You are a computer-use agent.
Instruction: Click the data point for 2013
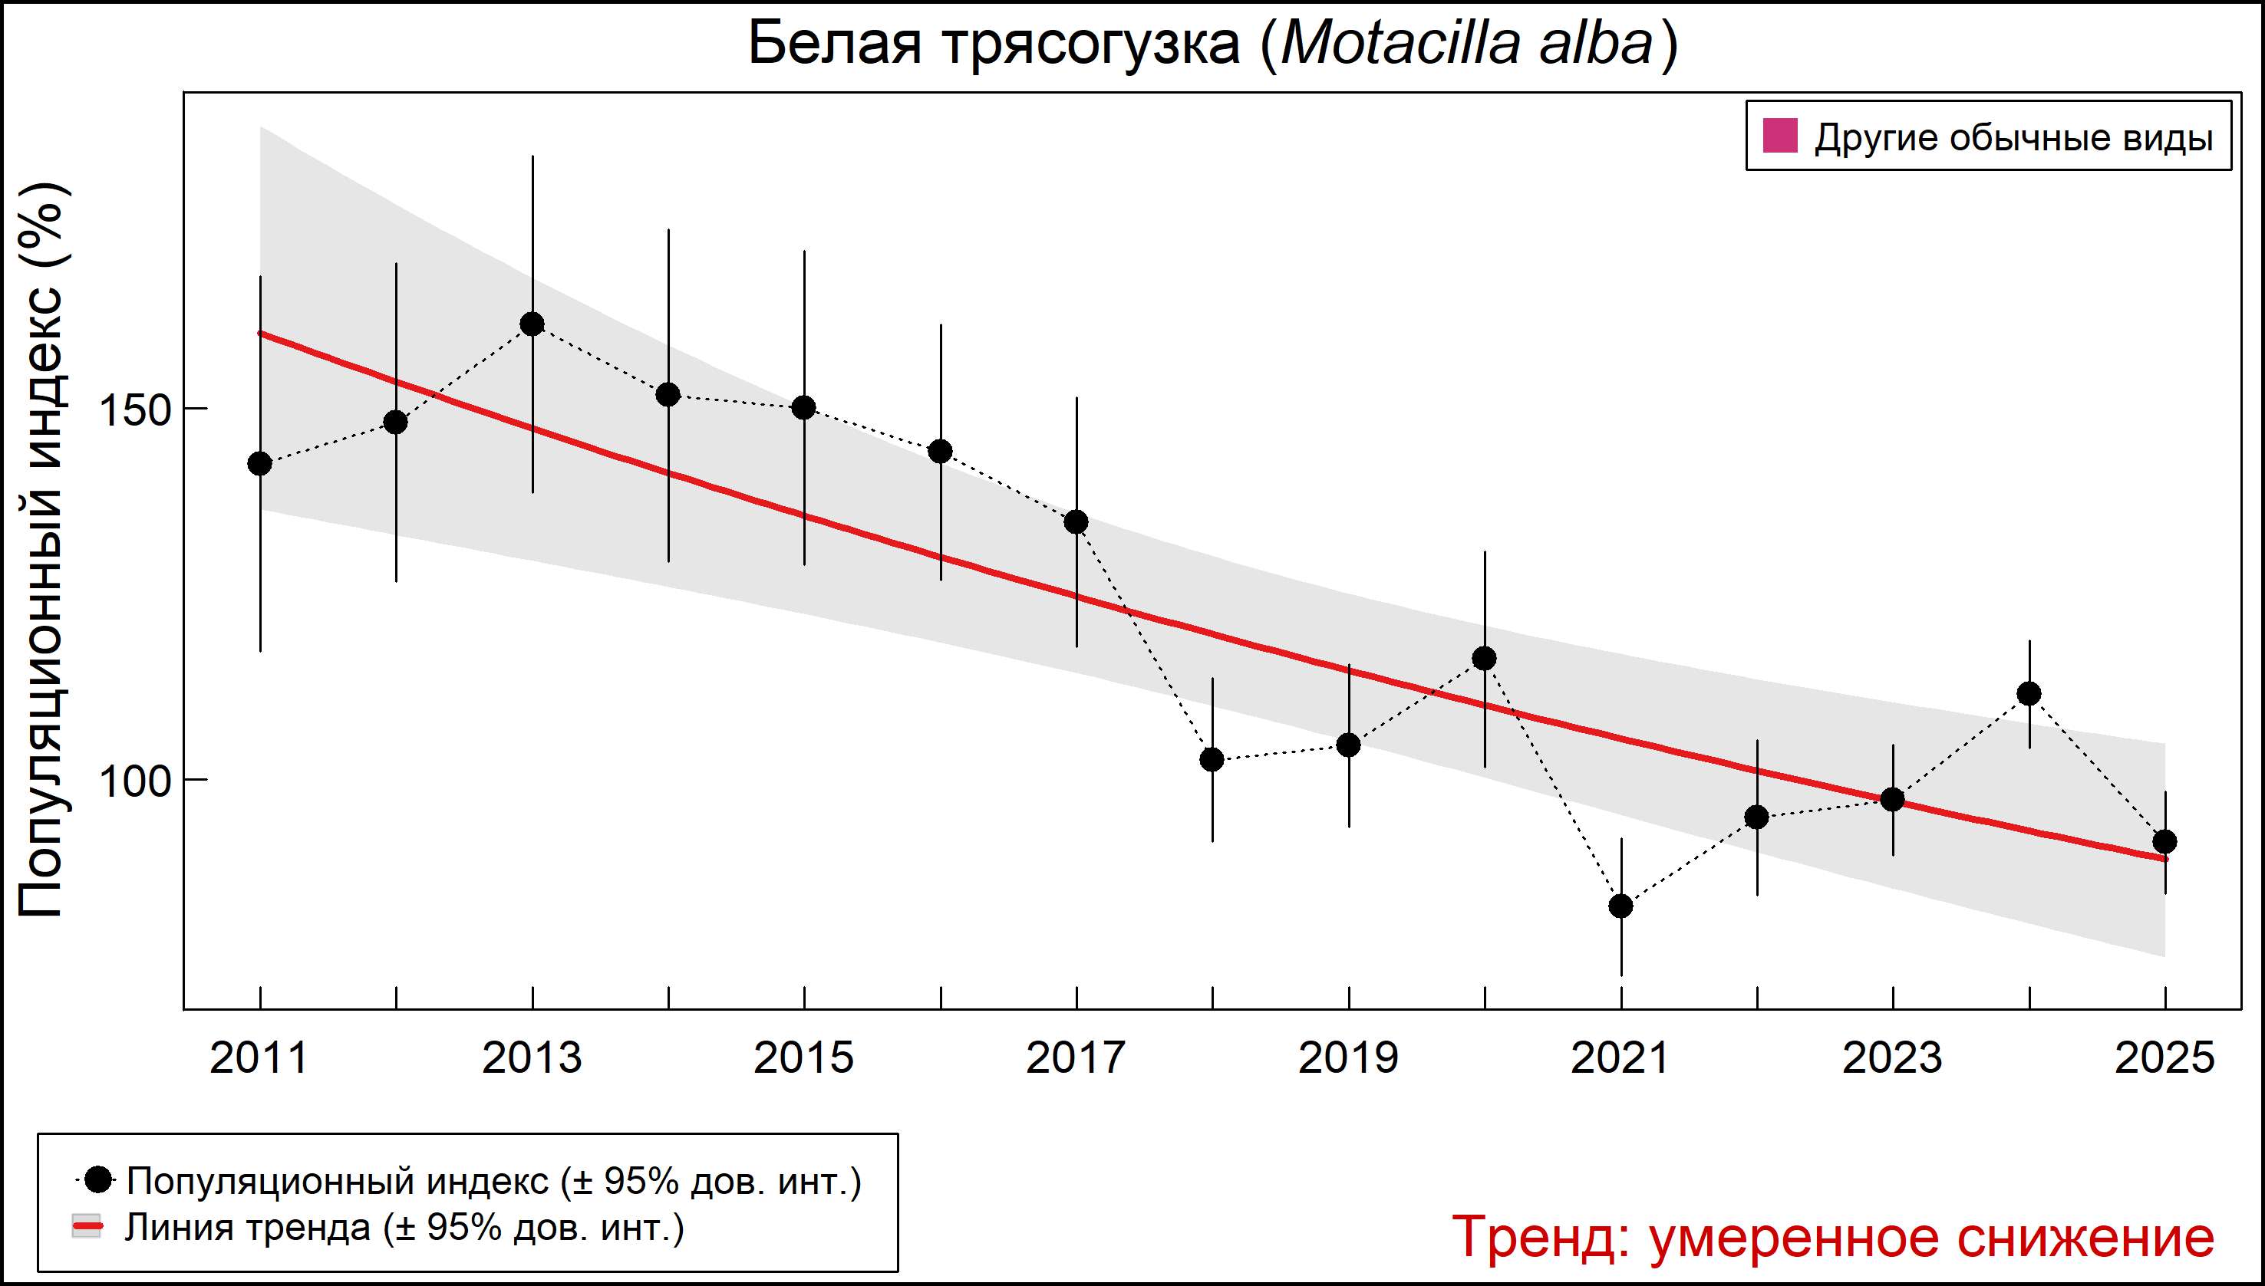(532, 324)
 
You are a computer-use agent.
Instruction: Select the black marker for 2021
(1620, 906)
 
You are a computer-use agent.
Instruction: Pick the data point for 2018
(1212, 760)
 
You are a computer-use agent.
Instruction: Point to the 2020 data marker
(1485, 659)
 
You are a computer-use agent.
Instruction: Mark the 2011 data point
(260, 464)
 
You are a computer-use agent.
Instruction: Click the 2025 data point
(2165, 842)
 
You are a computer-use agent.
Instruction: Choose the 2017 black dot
(1076, 522)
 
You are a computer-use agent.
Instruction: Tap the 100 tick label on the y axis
(134, 781)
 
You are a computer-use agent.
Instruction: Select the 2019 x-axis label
(1349, 1058)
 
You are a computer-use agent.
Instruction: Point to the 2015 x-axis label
(804, 1058)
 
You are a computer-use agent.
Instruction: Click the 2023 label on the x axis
(1893, 1058)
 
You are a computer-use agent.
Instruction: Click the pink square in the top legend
(1781, 137)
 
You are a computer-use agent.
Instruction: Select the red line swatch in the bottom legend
(87, 1228)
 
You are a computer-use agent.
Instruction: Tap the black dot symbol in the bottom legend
(100, 1179)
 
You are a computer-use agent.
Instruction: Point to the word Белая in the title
(835, 44)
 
